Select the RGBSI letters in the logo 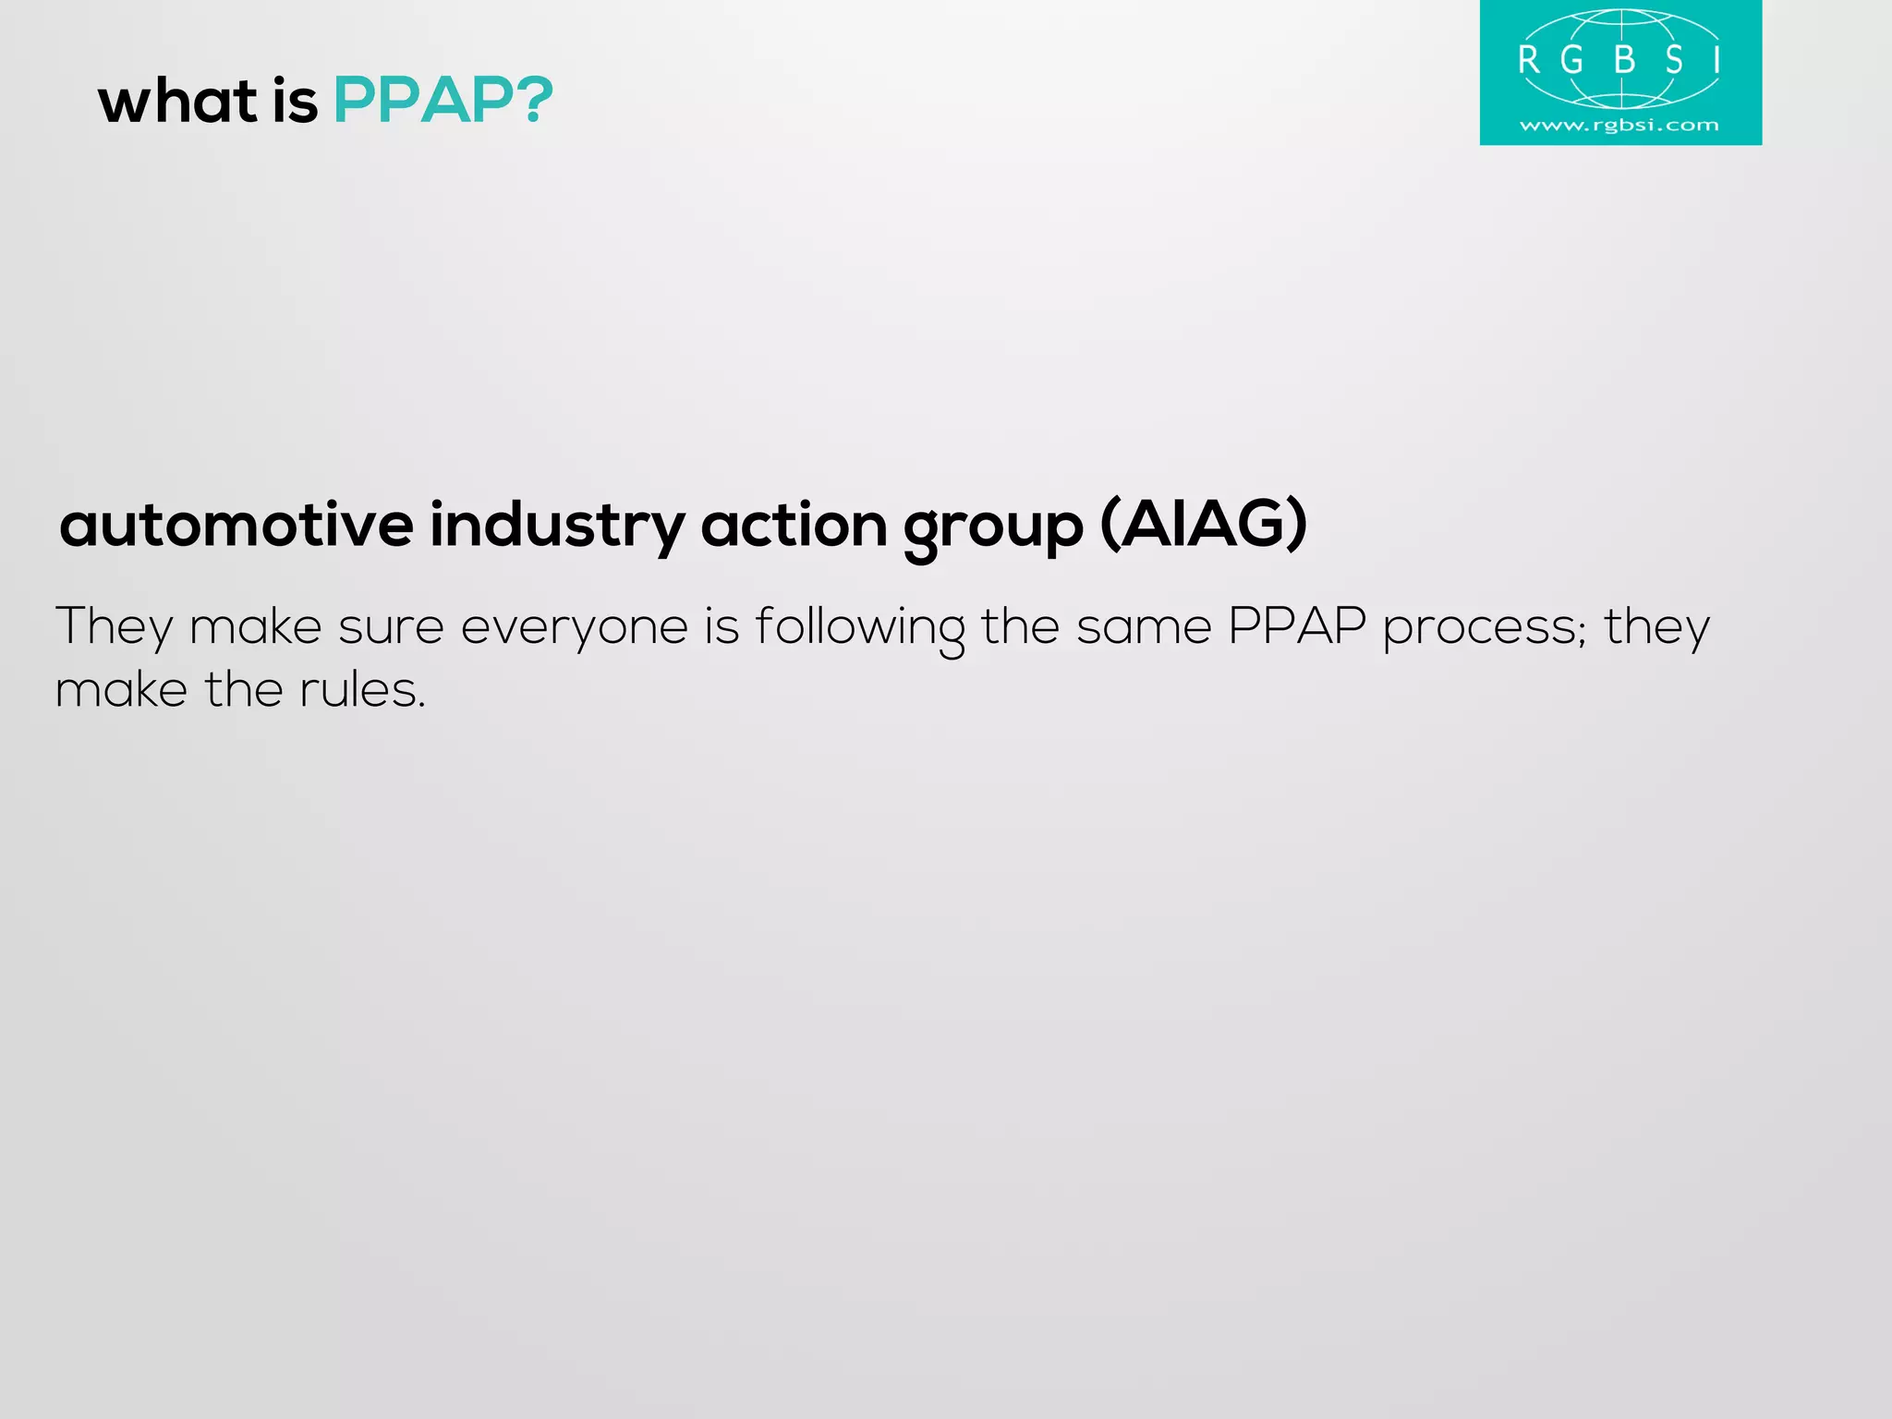coord(1619,61)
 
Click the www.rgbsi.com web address coord(1619,125)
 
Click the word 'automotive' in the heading coord(236,525)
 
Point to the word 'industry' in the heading coord(557,525)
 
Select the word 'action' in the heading coord(794,525)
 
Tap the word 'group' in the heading coord(993,528)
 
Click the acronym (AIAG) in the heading coord(1204,525)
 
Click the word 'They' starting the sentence coord(114,628)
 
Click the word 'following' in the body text coord(859,628)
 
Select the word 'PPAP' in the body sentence coord(1296,626)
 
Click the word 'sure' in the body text coord(391,628)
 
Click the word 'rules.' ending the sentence coord(363,690)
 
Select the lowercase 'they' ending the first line coord(1657,628)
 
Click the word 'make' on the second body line coord(121,690)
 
